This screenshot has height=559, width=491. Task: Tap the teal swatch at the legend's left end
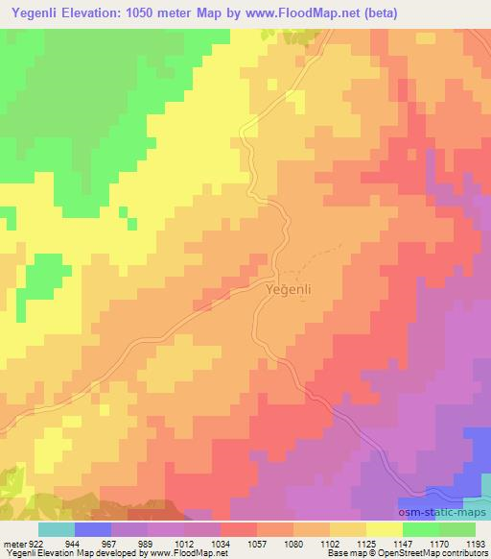[56, 529]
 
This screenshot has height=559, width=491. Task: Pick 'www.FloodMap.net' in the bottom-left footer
[187, 552]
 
